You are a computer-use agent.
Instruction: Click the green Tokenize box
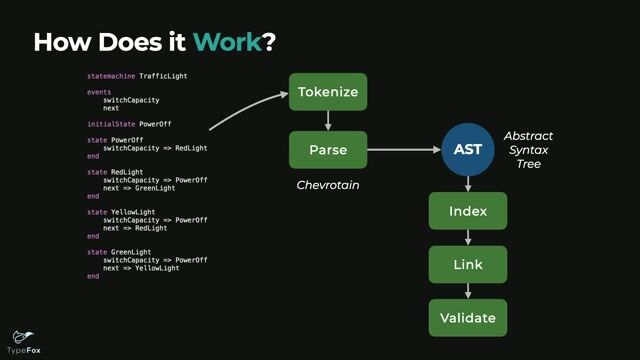pyautogui.click(x=328, y=92)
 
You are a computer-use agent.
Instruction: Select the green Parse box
pyautogui.click(x=328, y=150)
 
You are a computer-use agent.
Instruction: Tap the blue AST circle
pyautogui.click(x=467, y=150)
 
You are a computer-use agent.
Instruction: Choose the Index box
pyautogui.click(x=467, y=211)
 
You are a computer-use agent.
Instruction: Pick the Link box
pyautogui.click(x=467, y=264)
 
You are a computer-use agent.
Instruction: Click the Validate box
pyautogui.click(x=467, y=318)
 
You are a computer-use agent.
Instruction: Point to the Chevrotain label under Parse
pyautogui.click(x=328, y=186)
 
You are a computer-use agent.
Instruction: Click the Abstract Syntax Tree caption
pyautogui.click(x=527, y=149)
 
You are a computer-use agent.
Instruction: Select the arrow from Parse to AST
pyautogui.click(x=404, y=150)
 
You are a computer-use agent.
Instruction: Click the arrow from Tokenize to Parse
pyautogui.click(x=328, y=121)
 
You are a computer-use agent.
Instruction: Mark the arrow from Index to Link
pyautogui.click(x=467, y=238)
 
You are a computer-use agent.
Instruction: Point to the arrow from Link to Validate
pyautogui.click(x=467, y=291)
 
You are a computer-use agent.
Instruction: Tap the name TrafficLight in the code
pyautogui.click(x=164, y=76)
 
